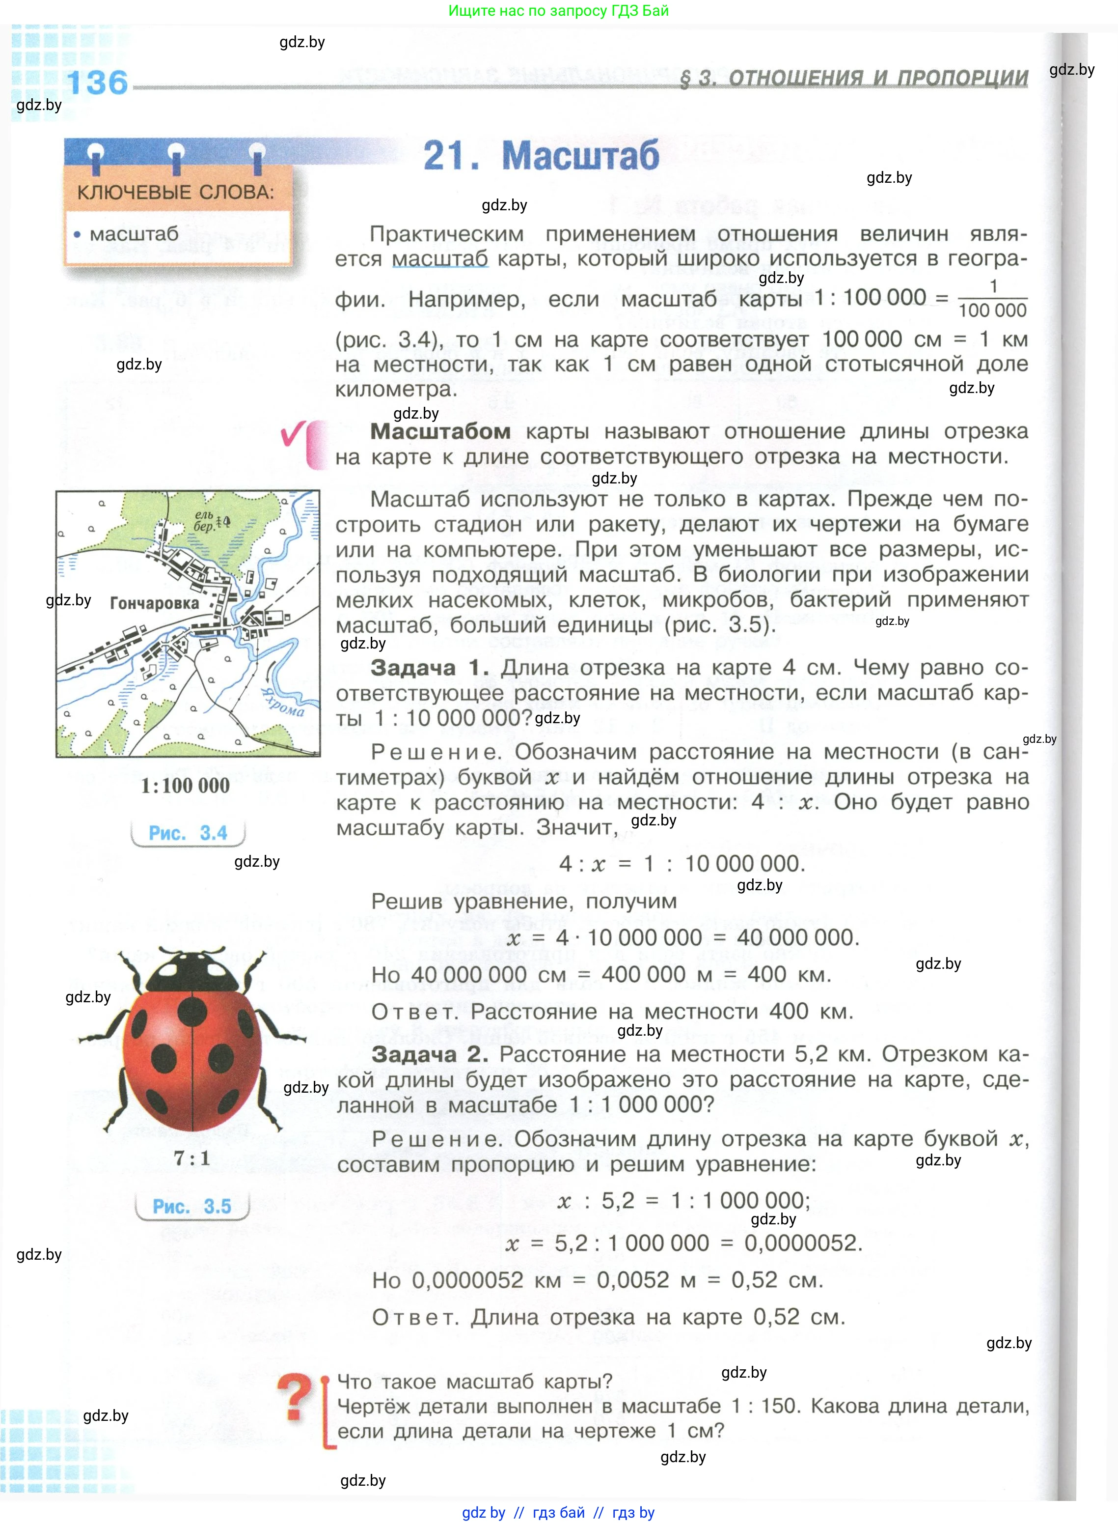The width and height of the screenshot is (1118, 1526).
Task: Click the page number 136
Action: click(97, 83)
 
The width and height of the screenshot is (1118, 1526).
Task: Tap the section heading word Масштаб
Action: click(580, 156)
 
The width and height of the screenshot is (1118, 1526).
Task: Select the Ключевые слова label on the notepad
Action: click(175, 192)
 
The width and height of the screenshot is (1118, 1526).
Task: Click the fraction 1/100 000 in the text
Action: click(992, 299)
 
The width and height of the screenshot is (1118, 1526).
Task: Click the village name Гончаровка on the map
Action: click(154, 603)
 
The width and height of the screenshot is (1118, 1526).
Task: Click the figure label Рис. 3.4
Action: click(188, 833)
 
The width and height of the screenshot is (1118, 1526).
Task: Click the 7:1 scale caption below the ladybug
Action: click(191, 1158)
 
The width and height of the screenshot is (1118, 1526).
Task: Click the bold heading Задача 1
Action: click(429, 668)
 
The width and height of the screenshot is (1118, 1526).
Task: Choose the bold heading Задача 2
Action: click(429, 1055)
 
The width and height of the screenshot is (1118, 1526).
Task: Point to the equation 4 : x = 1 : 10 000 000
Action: click(682, 864)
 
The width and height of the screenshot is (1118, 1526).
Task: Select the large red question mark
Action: click(295, 1397)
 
